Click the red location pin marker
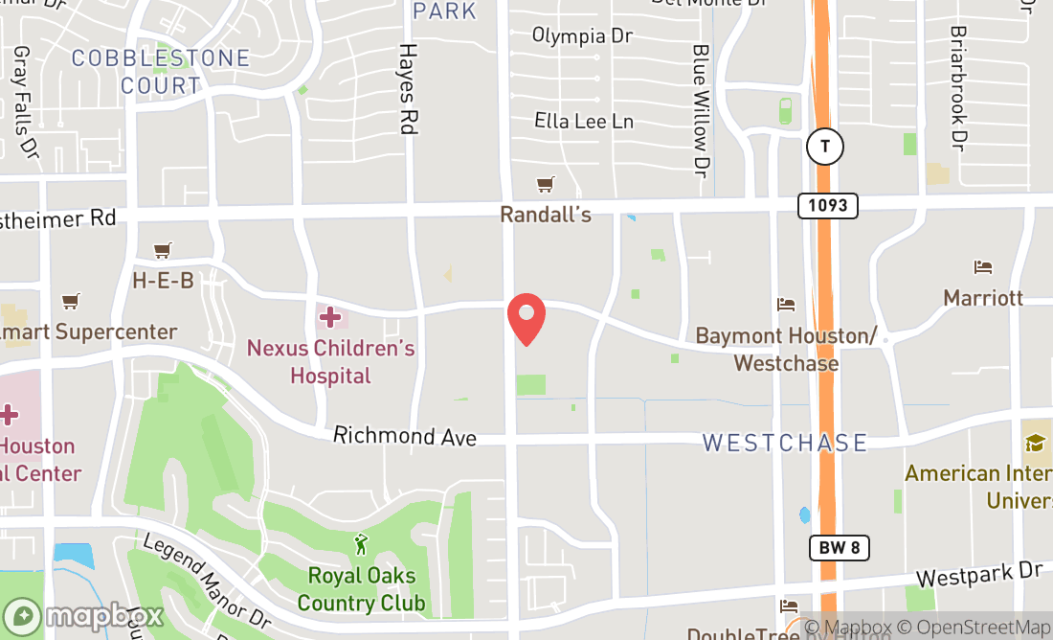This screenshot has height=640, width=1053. (526, 319)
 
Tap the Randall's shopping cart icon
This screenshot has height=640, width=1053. (546, 184)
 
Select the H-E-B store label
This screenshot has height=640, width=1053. (163, 280)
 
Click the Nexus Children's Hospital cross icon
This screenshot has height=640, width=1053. (330, 316)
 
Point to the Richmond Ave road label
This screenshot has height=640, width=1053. (405, 436)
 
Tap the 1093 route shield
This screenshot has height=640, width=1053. (827, 205)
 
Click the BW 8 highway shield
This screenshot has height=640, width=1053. (839, 548)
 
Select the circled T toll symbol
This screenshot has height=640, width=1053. (824, 147)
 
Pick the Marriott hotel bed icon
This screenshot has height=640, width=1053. (983, 266)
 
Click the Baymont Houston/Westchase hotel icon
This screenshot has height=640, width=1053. (786, 305)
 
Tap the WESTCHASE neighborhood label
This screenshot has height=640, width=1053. (785, 443)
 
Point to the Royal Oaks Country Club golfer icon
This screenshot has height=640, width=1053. (361, 545)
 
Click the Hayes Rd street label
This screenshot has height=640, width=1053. (410, 88)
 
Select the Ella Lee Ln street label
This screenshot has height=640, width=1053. (584, 122)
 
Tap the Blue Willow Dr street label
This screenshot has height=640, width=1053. (702, 111)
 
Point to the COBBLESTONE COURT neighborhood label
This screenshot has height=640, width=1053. (161, 72)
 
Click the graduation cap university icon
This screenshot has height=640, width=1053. (1035, 443)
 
